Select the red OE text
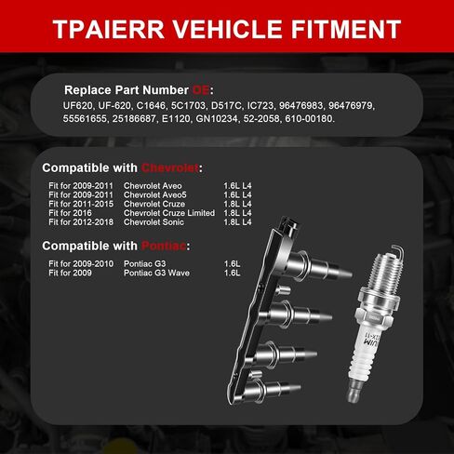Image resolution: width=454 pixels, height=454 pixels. coord(202,90)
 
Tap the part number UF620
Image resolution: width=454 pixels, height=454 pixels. coord(72,105)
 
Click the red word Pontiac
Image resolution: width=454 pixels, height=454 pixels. coord(163,246)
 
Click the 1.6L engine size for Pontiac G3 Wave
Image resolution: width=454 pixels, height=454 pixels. coord(233,274)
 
